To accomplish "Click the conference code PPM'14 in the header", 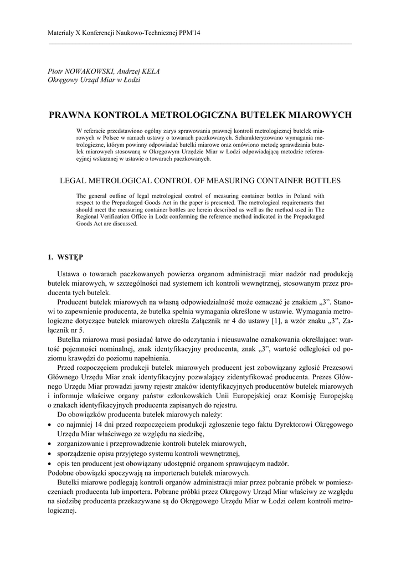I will (190, 34).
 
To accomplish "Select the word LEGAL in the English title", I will (73, 181).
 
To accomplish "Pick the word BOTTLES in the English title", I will (323, 181).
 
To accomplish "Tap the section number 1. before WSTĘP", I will (50, 257).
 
